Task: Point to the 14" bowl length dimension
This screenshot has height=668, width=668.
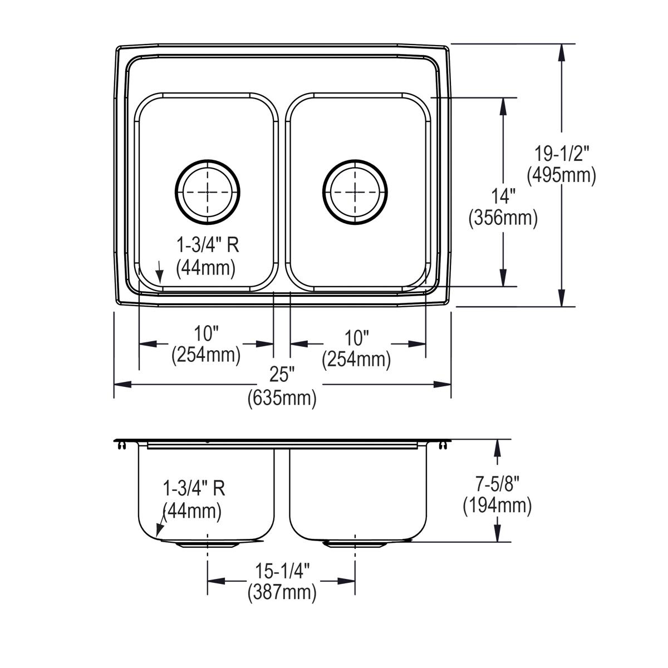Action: (x=503, y=196)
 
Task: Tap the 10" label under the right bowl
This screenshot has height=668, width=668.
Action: (x=356, y=337)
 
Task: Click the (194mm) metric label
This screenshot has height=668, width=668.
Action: (x=497, y=505)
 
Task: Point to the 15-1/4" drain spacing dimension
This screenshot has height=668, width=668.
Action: (x=282, y=571)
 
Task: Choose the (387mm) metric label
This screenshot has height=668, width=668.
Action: (x=282, y=592)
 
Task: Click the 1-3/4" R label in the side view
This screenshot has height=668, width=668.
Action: (x=193, y=489)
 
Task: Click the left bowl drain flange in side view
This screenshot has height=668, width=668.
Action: (x=207, y=544)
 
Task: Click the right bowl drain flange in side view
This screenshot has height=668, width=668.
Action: (x=355, y=544)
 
